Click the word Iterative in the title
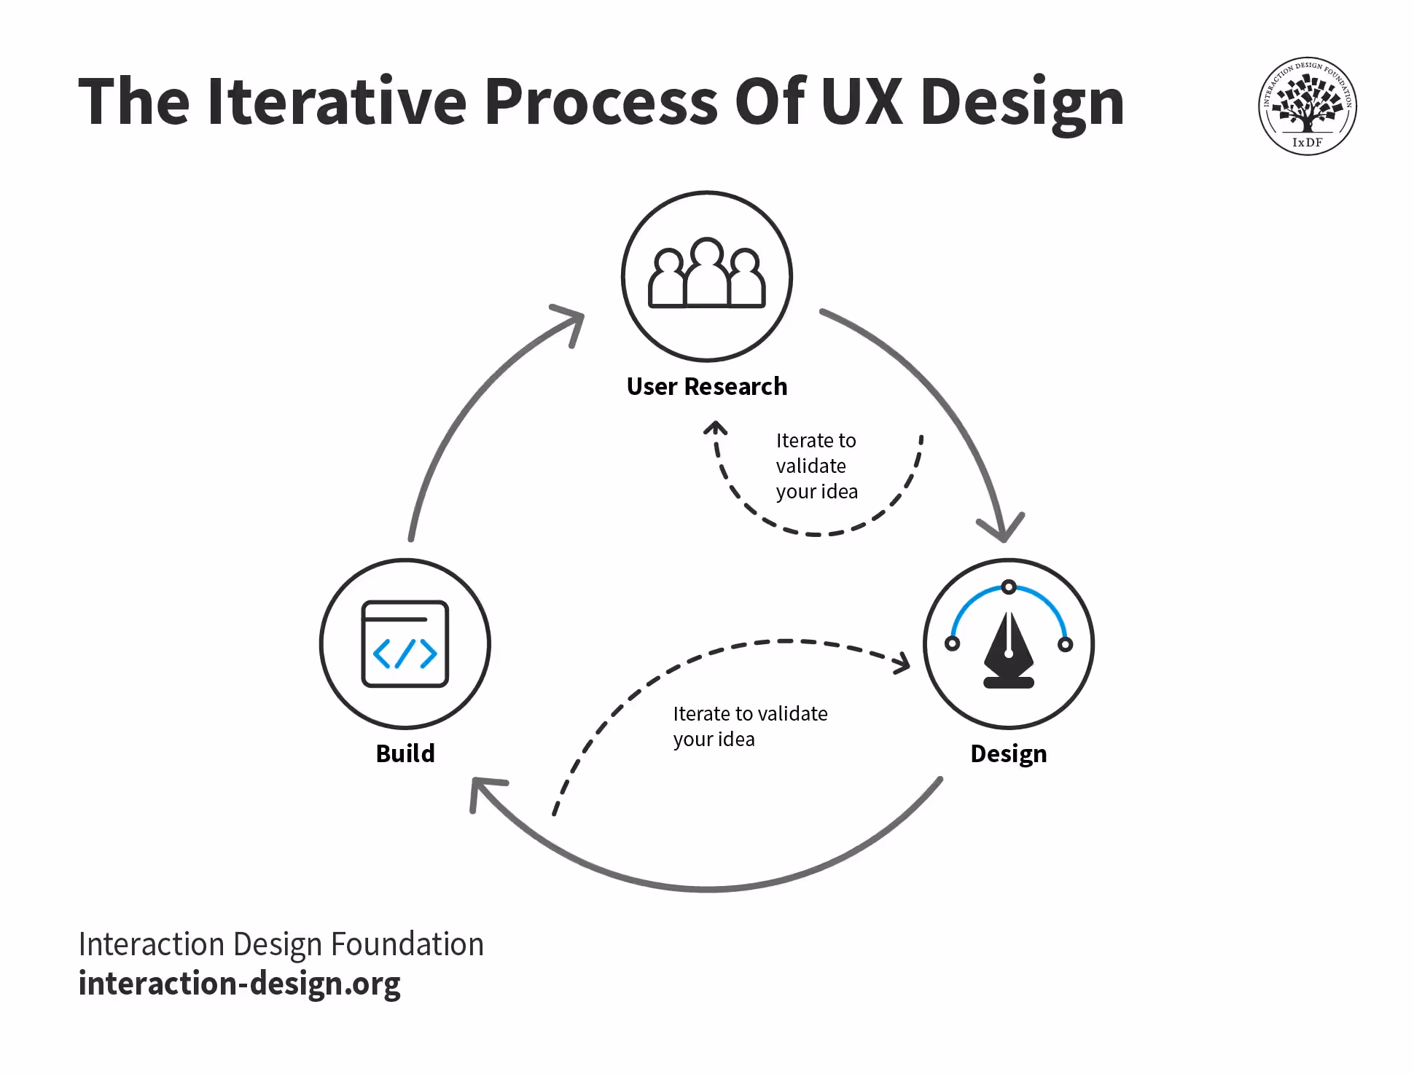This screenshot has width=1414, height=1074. (x=337, y=102)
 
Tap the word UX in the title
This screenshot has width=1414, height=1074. (x=861, y=102)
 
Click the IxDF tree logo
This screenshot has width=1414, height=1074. (x=1307, y=106)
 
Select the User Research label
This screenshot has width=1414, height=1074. (x=706, y=386)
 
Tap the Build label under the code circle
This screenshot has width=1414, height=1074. (x=405, y=753)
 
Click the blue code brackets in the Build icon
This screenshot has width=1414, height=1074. (x=405, y=654)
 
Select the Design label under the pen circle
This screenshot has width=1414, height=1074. (x=1008, y=753)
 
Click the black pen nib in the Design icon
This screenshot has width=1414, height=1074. (x=1008, y=648)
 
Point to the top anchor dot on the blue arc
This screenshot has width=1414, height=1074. (x=1008, y=587)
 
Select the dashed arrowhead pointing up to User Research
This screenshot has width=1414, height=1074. (x=716, y=427)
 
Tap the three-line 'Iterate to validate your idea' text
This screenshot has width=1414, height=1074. (x=816, y=466)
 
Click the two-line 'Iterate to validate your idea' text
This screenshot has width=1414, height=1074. (x=749, y=726)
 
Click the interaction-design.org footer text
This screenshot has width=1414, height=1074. (x=239, y=984)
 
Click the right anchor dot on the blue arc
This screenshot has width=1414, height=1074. (x=1065, y=644)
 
